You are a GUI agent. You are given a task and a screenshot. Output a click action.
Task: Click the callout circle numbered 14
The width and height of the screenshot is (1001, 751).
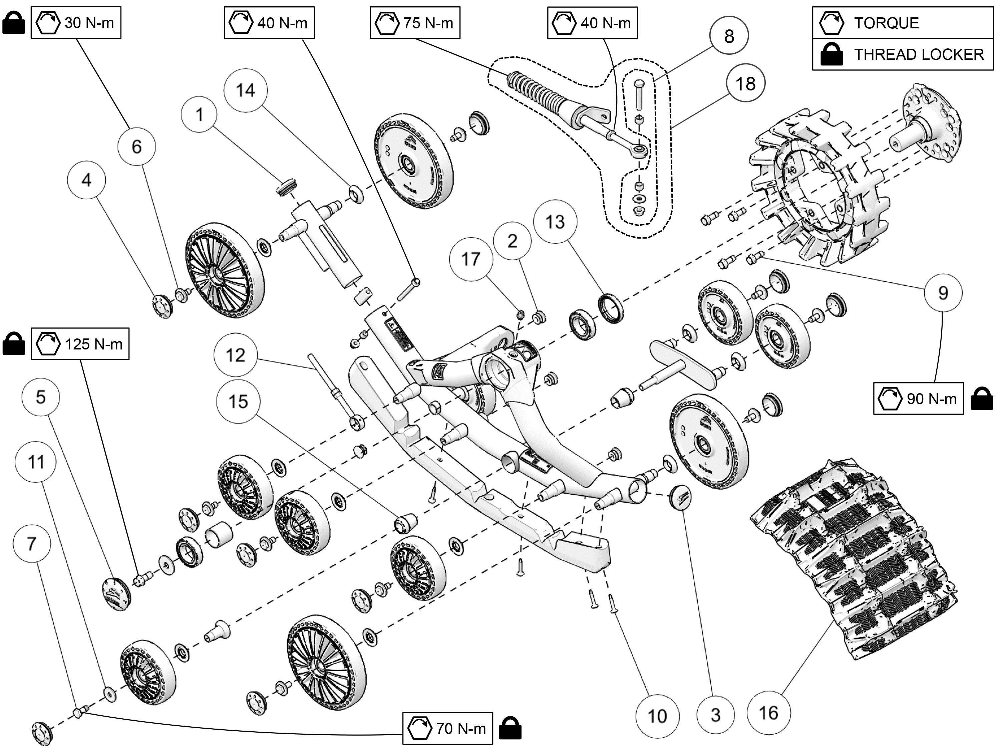[x=245, y=90]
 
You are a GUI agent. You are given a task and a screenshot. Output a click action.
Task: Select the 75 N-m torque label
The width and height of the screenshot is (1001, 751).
[x=415, y=23]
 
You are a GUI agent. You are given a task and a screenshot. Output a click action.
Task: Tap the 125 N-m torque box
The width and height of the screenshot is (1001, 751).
[x=80, y=344]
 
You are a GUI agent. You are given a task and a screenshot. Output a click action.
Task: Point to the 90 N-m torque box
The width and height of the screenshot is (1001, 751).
[x=918, y=398]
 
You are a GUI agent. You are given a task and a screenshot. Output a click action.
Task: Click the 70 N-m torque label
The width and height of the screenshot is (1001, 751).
[x=447, y=728]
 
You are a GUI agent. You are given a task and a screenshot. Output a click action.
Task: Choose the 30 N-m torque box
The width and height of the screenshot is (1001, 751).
[x=75, y=23]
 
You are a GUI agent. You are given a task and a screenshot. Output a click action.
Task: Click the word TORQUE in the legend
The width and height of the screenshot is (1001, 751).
[x=886, y=23]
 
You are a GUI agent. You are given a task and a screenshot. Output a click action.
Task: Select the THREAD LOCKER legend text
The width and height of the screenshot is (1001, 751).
[x=919, y=55]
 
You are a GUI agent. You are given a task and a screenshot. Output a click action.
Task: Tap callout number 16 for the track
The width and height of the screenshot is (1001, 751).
[x=768, y=713]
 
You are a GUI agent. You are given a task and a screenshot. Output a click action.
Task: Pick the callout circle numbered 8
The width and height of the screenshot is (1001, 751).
[x=729, y=36]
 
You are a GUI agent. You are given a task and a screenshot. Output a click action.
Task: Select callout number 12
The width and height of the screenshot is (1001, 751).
[x=235, y=355]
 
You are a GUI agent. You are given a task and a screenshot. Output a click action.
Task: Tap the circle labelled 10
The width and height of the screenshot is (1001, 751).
[x=657, y=716]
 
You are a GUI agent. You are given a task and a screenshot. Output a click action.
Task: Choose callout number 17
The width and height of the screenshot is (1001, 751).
[x=470, y=259]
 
